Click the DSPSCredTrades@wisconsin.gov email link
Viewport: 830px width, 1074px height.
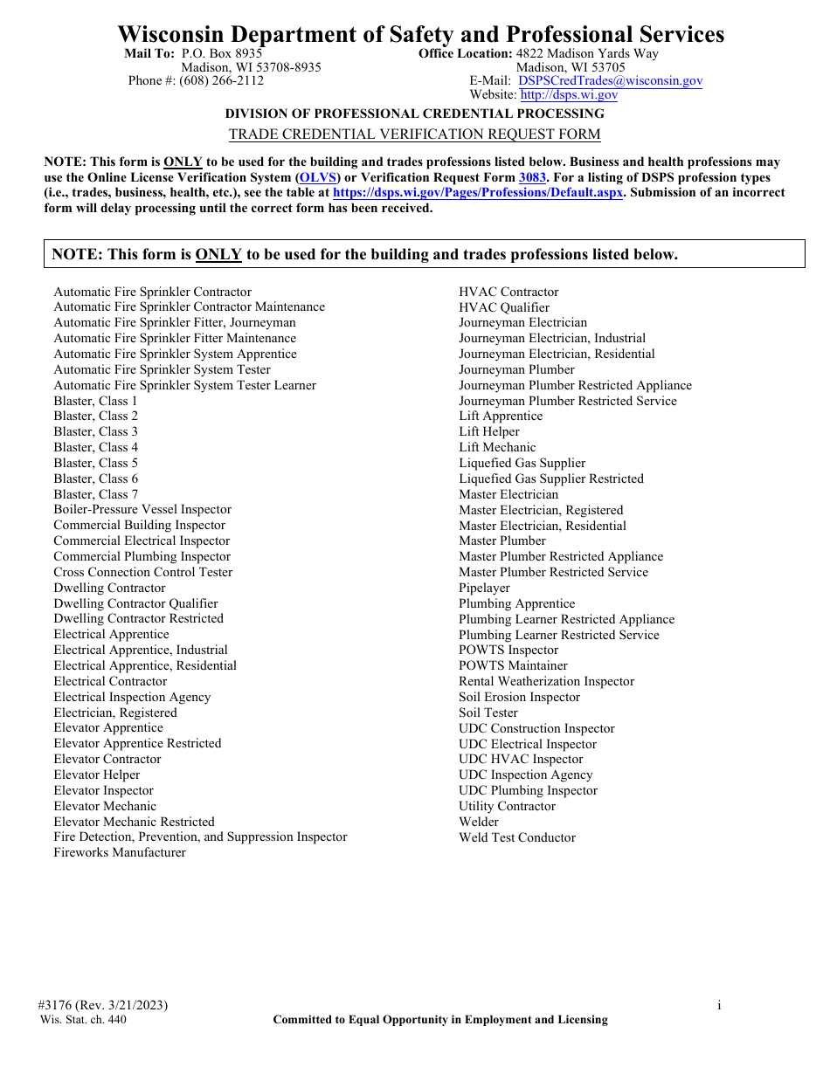pos(610,81)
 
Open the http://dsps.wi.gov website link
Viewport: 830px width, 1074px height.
pos(569,96)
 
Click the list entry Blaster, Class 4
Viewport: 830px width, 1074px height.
pos(95,448)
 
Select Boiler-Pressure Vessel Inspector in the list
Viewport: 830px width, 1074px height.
pos(142,510)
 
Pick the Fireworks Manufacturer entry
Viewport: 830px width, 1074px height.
pos(120,853)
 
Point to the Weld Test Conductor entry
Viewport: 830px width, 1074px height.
pos(517,838)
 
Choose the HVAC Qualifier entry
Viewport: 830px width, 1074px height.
pos(504,308)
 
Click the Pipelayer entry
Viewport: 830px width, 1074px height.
pos(484,589)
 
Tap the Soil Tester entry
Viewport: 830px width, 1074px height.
pos(488,713)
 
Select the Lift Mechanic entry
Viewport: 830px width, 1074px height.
pos(497,448)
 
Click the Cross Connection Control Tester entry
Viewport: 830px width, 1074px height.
pos(143,573)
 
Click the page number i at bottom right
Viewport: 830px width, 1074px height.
pos(719,1006)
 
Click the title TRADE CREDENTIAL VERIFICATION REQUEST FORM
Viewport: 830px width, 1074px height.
pos(414,134)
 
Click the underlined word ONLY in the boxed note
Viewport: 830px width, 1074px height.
pos(218,255)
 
